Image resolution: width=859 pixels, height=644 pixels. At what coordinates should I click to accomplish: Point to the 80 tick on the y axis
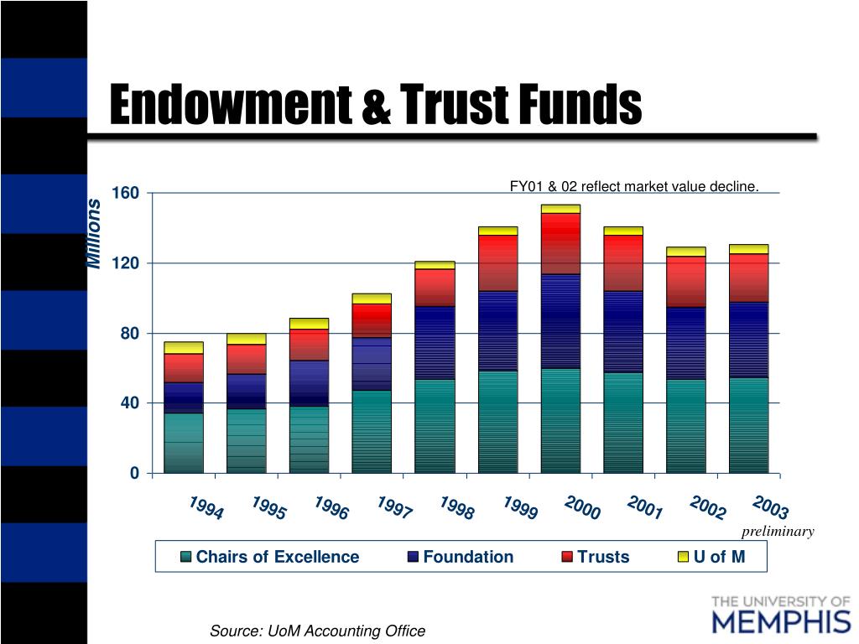click(129, 334)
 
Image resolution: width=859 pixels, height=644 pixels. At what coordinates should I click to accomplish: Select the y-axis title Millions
click(94, 234)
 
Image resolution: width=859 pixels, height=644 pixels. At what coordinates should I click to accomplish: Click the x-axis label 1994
click(206, 508)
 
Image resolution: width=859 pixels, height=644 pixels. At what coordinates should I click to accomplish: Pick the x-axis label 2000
click(582, 508)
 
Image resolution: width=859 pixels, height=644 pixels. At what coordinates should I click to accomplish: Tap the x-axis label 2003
click(770, 508)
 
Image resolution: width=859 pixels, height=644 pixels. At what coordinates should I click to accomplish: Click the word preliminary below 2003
click(778, 532)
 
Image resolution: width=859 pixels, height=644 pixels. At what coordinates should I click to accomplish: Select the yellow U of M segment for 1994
click(184, 347)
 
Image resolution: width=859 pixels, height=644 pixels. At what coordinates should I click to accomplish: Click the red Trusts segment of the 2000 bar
click(560, 243)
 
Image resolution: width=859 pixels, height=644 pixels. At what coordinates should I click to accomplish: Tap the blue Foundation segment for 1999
click(497, 330)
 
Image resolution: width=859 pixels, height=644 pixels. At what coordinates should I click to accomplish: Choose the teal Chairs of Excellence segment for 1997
click(372, 431)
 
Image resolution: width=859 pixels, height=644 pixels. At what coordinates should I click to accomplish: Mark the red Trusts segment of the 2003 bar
click(748, 278)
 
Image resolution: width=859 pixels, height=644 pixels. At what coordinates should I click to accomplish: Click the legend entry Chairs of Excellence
click(270, 557)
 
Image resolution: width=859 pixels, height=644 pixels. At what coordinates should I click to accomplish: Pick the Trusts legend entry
click(595, 557)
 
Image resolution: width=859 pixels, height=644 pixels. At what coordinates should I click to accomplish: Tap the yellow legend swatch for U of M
click(683, 557)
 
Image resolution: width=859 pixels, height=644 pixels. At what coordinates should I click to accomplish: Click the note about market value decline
click(634, 187)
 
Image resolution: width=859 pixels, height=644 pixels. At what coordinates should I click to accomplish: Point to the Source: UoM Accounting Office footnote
click(317, 631)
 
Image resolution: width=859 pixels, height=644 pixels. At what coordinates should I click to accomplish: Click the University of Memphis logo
click(780, 615)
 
